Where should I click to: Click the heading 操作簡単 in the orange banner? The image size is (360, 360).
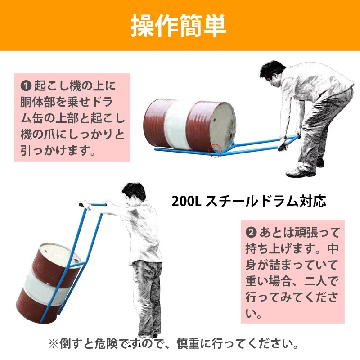click(179, 26)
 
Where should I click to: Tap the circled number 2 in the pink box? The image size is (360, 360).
click(252, 233)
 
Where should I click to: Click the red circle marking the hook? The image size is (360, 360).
click(216, 150)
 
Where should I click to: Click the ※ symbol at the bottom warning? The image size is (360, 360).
click(54, 345)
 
